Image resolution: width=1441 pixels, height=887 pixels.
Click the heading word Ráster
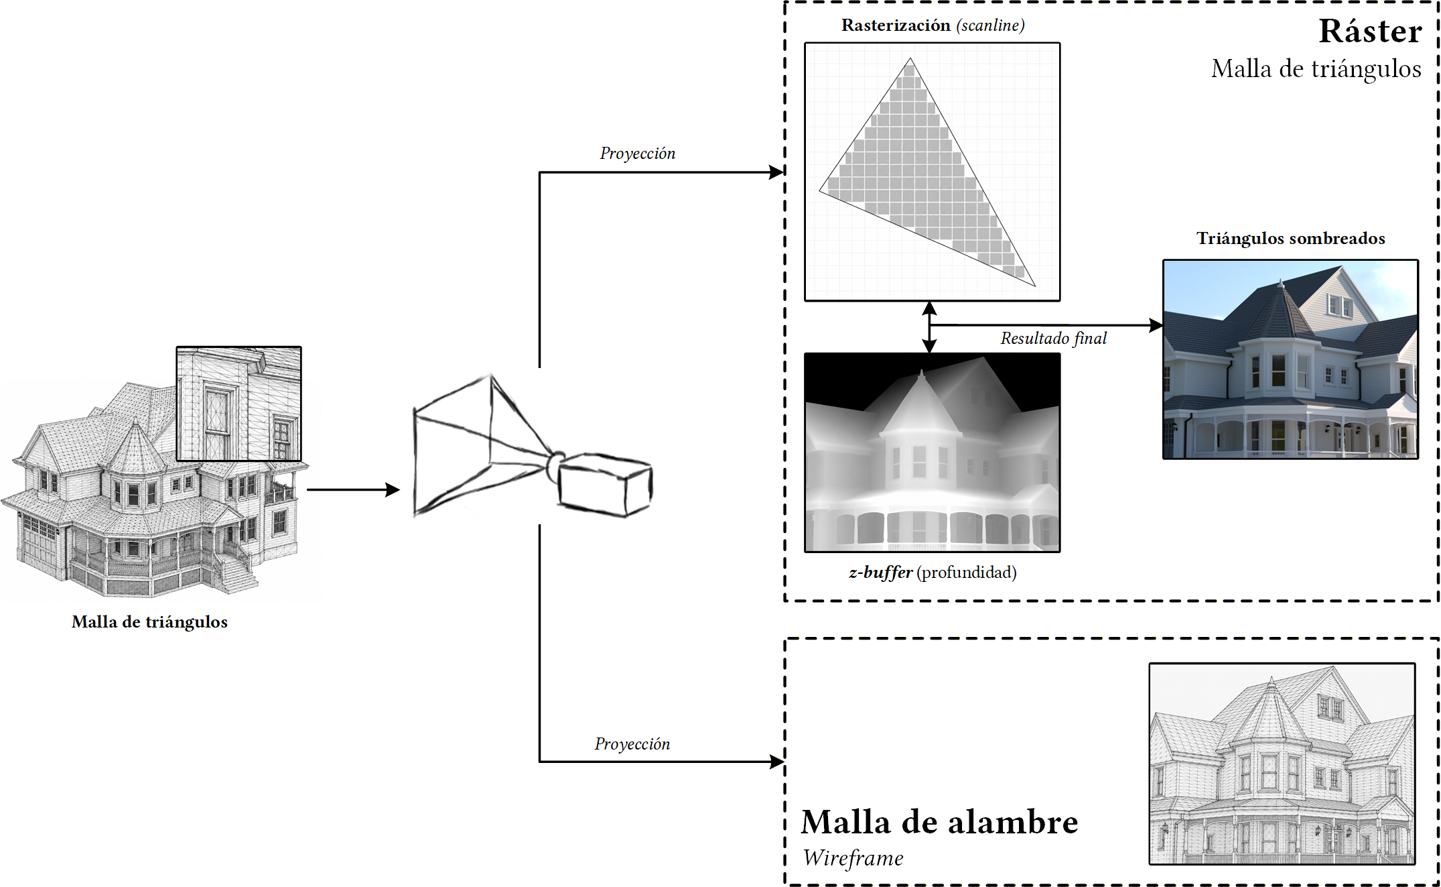pyautogui.click(x=1370, y=32)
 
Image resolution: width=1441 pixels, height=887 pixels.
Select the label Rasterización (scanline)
pyautogui.click(x=933, y=25)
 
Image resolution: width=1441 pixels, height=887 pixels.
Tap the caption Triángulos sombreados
pyautogui.click(x=1291, y=239)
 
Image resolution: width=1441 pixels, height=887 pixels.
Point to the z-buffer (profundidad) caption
pyautogui.click(x=933, y=573)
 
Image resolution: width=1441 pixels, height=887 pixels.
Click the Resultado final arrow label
pyautogui.click(x=1054, y=338)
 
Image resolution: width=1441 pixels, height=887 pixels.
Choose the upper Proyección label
pyautogui.click(x=638, y=154)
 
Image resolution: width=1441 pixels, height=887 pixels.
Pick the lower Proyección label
pyautogui.click(x=632, y=744)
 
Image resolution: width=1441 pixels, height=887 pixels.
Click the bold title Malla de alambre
pyautogui.click(x=939, y=822)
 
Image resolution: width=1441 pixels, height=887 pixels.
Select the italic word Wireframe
pyautogui.click(x=853, y=858)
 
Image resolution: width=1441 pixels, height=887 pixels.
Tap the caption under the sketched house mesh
pyautogui.click(x=149, y=622)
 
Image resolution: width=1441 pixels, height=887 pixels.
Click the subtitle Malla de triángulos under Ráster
pyautogui.click(x=1316, y=69)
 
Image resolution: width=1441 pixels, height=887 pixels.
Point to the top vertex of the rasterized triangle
pyautogui.click(x=910, y=58)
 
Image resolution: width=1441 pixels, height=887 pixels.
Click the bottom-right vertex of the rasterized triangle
pyautogui.click(x=1036, y=286)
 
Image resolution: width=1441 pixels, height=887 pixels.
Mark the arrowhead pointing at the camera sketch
pyautogui.click(x=393, y=490)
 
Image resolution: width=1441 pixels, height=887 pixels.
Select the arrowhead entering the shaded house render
pyautogui.click(x=1156, y=325)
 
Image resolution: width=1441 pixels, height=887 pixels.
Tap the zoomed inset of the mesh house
pyautogui.click(x=239, y=404)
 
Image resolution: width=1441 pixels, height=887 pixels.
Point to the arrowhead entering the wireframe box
pyautogui.click(x=777, y=762)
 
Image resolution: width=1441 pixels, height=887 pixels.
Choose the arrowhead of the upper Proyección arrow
pyautogui.click(x=777, y=172)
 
